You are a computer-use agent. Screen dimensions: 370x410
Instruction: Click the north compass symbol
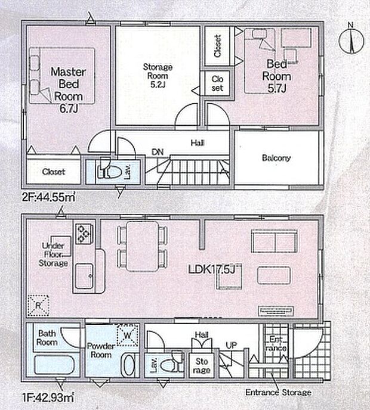coord(351,41)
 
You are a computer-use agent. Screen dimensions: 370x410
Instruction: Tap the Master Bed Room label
coord(68,84)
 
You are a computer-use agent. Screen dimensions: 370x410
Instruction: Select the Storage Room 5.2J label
coord(158,76)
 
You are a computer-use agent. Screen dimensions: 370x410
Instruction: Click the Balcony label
coord(276,158)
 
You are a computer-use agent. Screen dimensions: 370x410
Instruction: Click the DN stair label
coord(158,152)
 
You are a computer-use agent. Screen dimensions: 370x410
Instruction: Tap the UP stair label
coord(231,346)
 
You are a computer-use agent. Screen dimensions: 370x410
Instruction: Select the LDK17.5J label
coord(211,269)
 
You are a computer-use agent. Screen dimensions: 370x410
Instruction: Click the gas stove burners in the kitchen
coord(84,234)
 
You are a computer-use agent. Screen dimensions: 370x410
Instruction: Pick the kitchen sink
coord(84,276)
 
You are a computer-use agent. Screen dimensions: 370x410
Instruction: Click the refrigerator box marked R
coord(38,305)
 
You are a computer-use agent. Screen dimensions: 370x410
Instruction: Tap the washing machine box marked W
coord(127,335)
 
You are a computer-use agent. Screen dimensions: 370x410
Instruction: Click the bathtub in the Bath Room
coord(54,365)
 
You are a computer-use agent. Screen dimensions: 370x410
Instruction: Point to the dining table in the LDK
coord(143,246)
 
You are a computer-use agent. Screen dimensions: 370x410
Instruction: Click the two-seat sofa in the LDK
coord(274,241)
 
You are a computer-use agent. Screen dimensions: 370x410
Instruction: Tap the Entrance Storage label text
coord(278,392)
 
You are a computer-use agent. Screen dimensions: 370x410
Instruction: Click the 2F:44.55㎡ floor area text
coord(49,197)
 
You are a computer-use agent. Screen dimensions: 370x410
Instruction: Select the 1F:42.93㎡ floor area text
coord(48,397)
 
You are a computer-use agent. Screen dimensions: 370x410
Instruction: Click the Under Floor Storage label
coord(53,254)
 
